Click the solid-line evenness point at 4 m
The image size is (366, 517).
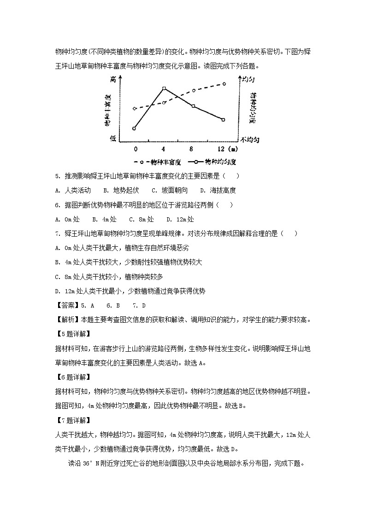point(164,88)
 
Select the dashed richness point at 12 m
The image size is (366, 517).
point(224,84)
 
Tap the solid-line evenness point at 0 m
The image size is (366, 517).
point(134,128)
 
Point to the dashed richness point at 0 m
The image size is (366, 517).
point(134,109)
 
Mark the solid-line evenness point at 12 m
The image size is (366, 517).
point(223,120)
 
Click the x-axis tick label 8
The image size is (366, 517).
point(193,149)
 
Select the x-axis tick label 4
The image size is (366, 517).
point(164,149)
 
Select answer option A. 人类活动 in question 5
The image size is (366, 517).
point(72,191)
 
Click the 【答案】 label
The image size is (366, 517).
point(66,305)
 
